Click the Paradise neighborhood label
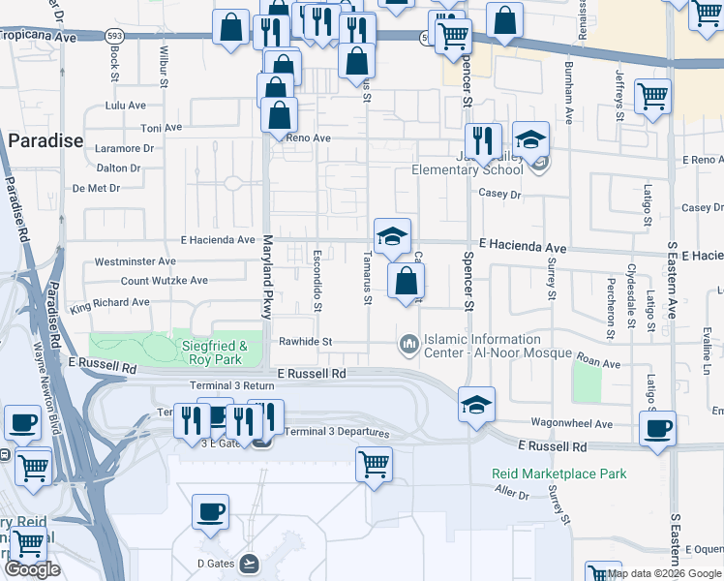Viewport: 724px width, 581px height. [46, 141]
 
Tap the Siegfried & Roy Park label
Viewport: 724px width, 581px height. [215, 352]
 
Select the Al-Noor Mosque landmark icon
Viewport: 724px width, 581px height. [408, 344]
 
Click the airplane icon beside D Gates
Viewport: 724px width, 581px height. [251, 562]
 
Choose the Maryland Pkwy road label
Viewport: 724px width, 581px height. [266, 277]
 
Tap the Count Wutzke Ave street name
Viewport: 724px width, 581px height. [164, 281]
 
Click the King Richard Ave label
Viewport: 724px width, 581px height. [109, 303]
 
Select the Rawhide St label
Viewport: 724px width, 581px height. [305, 342]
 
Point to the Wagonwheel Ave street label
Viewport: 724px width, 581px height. [572, 424]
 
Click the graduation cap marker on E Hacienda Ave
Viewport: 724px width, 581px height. [393, 236]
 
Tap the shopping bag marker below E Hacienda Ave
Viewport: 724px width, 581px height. [407, 282]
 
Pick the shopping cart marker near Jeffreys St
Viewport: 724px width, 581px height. [653, 96]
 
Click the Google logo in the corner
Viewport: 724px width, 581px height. [32, 569]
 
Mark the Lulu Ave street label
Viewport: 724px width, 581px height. [125, 105]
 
